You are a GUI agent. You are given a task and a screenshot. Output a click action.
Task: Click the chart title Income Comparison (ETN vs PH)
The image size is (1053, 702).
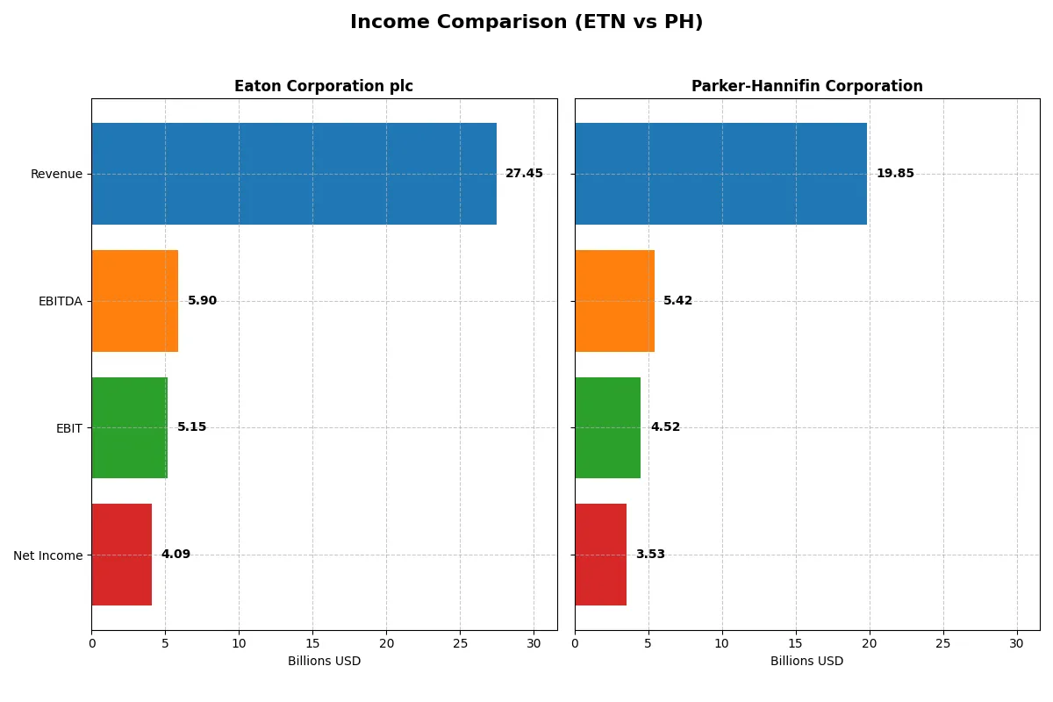pos(526,23)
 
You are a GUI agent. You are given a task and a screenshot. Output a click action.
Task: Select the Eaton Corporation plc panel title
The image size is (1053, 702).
pos(323,87)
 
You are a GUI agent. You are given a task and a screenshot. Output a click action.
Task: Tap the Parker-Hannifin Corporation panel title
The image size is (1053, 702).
pos(806,87)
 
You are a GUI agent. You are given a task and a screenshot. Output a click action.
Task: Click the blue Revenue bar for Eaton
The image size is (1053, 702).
pos(294,174)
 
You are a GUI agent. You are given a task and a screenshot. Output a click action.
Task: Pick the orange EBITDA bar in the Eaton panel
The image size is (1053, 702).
pos(134,301)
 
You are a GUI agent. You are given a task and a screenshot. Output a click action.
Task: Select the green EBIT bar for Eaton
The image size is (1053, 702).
pos(129,427)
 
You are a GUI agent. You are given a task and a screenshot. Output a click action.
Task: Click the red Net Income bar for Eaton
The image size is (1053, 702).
pos(121,555)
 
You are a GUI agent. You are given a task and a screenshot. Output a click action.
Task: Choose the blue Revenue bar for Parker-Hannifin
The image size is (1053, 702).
pos(720,174)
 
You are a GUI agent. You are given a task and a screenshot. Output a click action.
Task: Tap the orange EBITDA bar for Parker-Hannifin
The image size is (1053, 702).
pos(614,301)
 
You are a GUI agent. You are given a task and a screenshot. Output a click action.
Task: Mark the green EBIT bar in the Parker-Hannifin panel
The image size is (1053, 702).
pos(607,427)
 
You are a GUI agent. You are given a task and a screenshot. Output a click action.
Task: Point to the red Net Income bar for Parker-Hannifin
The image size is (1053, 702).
pos(600,555)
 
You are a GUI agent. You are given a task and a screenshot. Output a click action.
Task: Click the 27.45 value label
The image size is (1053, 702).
pos(524,174)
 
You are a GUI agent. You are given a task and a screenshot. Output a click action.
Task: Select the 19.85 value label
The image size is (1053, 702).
pos(895,174)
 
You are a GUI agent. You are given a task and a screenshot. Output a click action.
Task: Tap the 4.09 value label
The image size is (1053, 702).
pos(175,555)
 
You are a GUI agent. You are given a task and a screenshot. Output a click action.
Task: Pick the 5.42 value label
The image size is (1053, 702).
pos(677,301)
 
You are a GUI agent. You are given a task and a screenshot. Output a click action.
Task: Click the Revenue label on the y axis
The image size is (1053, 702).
pos(56,174)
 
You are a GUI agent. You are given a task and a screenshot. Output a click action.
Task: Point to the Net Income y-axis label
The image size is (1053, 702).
pos(48,555)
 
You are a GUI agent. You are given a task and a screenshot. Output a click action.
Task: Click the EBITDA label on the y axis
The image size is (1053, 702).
pos(61,301)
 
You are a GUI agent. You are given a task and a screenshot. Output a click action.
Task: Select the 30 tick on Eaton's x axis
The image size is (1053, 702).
pos(534,643)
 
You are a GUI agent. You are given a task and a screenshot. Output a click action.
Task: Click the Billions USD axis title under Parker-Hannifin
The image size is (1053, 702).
pos(806,661)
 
